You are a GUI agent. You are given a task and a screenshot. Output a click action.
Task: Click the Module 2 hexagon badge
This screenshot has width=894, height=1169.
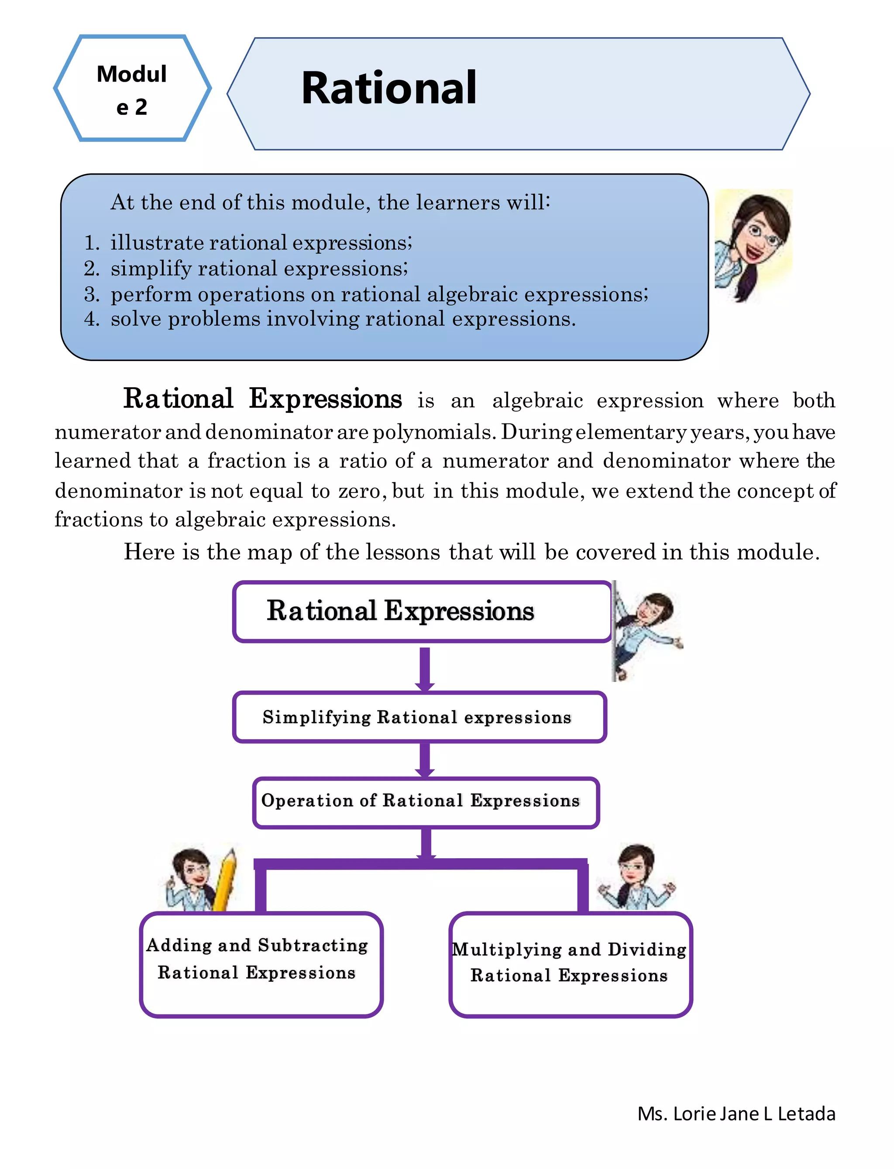click(132, 89)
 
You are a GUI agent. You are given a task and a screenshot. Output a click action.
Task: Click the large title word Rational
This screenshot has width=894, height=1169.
click(389, 88)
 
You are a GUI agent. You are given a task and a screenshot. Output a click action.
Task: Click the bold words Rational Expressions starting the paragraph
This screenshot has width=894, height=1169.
click(262, 399)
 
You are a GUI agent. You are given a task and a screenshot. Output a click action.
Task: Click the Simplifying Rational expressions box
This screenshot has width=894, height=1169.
click(419, 717)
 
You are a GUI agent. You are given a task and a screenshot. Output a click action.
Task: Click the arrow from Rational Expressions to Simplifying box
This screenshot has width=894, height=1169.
click(425, 668)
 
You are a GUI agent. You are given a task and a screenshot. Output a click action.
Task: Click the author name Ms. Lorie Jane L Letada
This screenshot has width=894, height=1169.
click(736, 1114)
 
